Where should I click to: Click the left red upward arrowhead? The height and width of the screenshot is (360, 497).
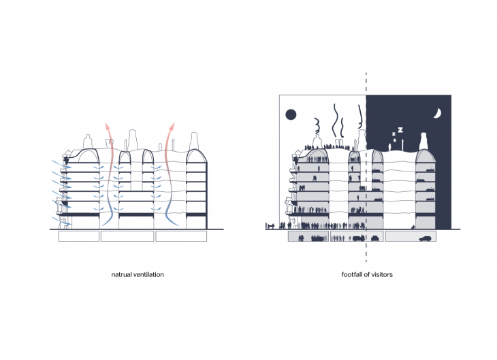(x=106, y=125)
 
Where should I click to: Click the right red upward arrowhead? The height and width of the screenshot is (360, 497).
(x=172, y=126)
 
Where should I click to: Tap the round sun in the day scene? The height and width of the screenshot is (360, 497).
(x=291, y=114)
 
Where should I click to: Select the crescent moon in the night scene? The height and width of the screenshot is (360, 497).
(x=437, y=114)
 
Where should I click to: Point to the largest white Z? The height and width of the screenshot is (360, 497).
(x=400, y=129)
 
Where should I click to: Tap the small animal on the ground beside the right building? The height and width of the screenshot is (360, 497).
(x=270, y=225)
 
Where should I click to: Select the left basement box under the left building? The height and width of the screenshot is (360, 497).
(x=79, y=236)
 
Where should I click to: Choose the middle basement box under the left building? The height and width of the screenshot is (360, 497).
(x=127, y=236)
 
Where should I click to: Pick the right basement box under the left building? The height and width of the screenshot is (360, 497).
(x=181, y=236)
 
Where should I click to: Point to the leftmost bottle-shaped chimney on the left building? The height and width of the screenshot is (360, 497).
(x=87, y=142)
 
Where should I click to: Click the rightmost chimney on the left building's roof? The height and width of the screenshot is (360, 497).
(x=194, y=140)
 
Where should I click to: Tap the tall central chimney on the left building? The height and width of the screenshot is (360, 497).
(x=132, y=137)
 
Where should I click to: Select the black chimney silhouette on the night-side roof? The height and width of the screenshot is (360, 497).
(x=423, y=141)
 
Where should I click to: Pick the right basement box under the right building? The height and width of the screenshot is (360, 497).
(x=411, y=236)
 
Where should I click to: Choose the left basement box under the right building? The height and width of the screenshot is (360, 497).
(x=308, y=236)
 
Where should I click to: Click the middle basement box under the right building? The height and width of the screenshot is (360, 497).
(x=357, y=236)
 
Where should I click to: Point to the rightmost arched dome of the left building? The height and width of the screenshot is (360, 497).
(x=196, y=157)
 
